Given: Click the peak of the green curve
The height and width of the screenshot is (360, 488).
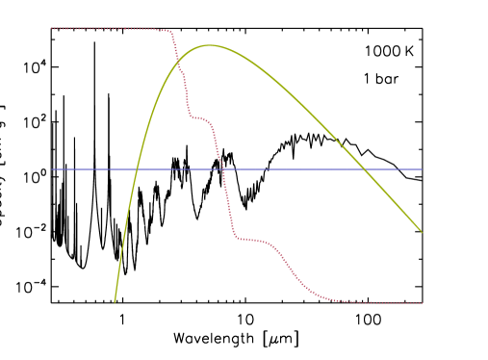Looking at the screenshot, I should pos(210,45).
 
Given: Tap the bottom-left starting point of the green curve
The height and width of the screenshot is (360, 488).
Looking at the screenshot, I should pos(115,301).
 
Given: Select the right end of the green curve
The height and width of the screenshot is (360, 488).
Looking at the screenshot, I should pos(422,231).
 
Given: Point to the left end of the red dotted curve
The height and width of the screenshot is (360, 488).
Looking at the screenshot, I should pos(52,29).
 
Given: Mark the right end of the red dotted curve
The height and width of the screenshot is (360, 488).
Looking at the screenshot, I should pos(422,303).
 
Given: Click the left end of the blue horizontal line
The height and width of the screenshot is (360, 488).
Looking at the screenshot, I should pos(52,169).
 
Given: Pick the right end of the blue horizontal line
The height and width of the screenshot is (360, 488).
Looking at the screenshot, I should pos(422,169).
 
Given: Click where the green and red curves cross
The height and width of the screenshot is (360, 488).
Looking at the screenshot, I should pos(179,64).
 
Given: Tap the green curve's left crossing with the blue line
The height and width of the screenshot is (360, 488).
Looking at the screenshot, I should pos(137,169).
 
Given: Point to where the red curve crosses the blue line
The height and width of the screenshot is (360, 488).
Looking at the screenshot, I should pos(222,169).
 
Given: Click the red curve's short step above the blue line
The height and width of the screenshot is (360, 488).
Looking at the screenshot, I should pos(199,118).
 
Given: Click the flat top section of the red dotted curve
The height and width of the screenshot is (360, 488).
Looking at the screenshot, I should pos(106,29).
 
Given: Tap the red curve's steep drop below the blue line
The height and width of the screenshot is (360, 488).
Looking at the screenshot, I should pos(228,207).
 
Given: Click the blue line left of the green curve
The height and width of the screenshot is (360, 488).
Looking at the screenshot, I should pos(91,169).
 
